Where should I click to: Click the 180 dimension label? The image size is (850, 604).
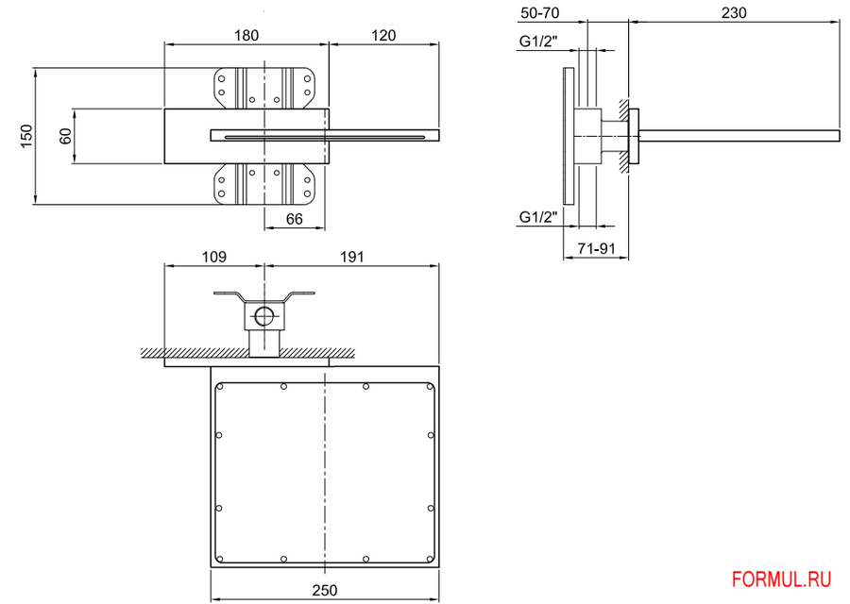[x=246, y=35]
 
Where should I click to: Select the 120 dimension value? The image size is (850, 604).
[x=383, y=35]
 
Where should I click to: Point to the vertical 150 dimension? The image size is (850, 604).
[x=27, y=136]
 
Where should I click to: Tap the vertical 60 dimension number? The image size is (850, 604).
[x=65, y=136]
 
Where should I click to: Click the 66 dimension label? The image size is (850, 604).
[x=295, y=219]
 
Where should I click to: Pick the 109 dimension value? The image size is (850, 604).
[x=214, y=257]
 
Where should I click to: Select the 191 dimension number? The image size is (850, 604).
[x=352, y=257]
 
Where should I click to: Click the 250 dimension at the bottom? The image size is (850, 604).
[x=325, y=590]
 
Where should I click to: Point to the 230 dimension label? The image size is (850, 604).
[x=734, y=12]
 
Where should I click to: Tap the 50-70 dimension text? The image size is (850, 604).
[x=540, y=12]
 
